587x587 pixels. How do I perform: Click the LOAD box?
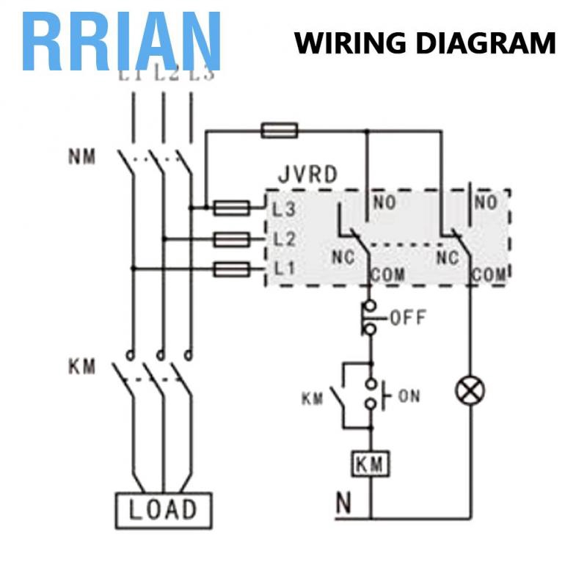(x=163, y=509)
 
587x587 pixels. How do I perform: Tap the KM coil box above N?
(x=371, y=464)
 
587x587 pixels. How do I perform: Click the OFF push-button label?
(x=407, y=318)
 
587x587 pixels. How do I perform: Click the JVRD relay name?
(x=308, y=175)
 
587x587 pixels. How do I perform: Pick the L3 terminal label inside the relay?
(x=283, y=209)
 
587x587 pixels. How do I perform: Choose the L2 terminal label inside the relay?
(x=283, y=239)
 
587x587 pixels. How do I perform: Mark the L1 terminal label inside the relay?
(x=283, y=269)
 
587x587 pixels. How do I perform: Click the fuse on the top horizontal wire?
(x=280, y=131)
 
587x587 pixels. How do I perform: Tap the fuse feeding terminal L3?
(x=232, y=208)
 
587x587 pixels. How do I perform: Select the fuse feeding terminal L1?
(x=232, y=269)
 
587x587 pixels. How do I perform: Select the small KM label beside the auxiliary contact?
(x=312, y=399)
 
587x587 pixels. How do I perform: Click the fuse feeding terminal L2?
(x=232, y=238)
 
